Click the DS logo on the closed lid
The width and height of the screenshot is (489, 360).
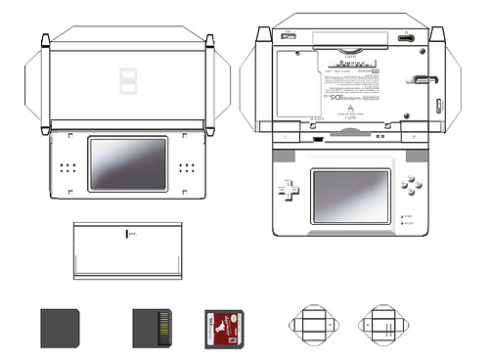127,81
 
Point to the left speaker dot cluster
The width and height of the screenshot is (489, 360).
67,168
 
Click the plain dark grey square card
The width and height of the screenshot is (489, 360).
60,328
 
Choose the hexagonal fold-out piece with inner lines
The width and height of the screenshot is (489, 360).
381,323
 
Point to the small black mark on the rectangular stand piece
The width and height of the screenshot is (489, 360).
127,234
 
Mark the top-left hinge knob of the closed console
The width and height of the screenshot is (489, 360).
45,40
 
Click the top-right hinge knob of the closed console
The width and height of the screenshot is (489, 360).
209,40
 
